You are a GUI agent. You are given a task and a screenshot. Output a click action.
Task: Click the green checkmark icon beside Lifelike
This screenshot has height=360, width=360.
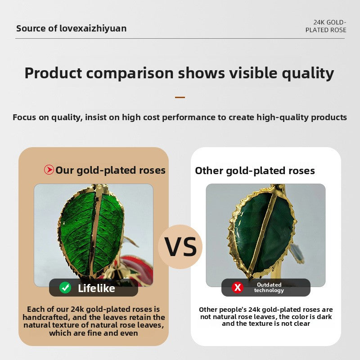(65, 288)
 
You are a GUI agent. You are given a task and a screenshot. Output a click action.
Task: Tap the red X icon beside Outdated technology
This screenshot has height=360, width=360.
(238, 288)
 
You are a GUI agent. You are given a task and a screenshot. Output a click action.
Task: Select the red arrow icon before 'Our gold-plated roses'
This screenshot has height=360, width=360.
(49, 170)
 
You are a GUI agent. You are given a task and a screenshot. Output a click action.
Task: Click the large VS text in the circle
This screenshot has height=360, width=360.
(180, 247)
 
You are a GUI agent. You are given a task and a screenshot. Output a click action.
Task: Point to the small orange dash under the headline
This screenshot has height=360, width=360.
(180, 97)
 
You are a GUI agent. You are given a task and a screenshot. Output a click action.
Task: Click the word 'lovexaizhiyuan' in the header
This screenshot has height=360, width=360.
(93, 28)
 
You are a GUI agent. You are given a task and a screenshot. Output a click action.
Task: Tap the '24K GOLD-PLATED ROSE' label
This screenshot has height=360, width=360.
(326, 26)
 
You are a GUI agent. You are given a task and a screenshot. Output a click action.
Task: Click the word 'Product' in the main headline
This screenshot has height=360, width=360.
(53, 73)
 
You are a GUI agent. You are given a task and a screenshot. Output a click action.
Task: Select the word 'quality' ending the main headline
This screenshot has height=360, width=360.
(308, 74)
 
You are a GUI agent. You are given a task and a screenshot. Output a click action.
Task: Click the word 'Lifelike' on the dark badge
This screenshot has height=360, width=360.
(96, 288)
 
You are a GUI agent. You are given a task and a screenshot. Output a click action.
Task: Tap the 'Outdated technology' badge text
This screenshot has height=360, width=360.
(269, 288)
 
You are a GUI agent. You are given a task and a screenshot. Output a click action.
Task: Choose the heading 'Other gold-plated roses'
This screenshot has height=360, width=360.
(255, 171)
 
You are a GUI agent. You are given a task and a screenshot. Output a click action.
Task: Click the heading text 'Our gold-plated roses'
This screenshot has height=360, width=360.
(110, 171)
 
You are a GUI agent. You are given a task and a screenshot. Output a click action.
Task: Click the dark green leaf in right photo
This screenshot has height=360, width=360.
(262, 232)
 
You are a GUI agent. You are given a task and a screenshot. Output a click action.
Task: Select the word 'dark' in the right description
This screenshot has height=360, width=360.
(324, 317)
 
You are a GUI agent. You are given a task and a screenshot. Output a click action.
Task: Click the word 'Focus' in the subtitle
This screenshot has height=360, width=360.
(24, 117)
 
